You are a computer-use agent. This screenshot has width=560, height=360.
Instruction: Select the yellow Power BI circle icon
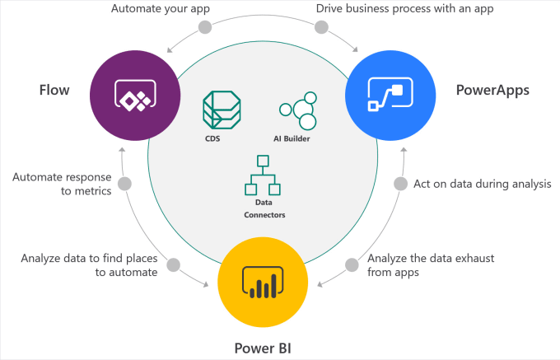pyautogui.click(x=260, y=281)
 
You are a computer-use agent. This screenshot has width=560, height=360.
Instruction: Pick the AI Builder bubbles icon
pyautogui.click(x=298, y=114)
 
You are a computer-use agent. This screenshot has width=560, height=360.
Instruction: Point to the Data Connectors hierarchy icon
pyautogui.click(x=263, y=175)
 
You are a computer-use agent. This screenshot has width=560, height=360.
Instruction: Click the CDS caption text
pyautogui.click(x=212, y=140)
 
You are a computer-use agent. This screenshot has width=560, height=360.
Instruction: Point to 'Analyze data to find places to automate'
pyautogui.click(x=89, y=264)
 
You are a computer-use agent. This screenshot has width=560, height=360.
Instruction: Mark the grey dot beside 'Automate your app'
pyautogui.click(x=204, y=27)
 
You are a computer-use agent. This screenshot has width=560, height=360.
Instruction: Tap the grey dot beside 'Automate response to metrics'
pyautogui.click(x=125, y=184)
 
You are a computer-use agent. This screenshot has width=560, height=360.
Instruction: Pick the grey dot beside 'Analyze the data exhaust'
pyautogui.click(x=352, y=264)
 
